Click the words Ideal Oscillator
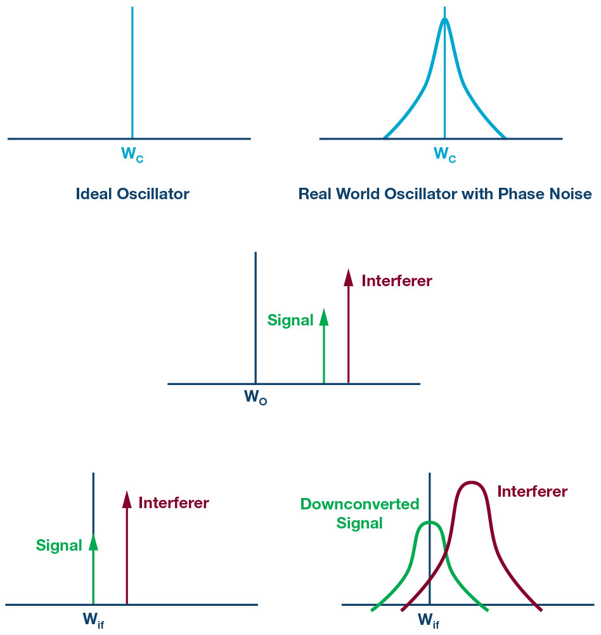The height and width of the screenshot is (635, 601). (x=132, y=194)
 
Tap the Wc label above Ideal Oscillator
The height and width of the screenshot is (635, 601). (x=132, y=154)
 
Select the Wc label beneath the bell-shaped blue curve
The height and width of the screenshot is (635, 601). (x=445, y=154)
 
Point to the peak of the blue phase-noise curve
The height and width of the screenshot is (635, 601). (x=445, y=18)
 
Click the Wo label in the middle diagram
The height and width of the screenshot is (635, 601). (x=255, y=397)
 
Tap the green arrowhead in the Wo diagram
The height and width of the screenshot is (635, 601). (x=324, y=317)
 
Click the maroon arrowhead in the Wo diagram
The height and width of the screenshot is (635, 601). (x=349, y=277)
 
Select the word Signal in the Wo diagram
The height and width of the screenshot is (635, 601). (x=290, y=320)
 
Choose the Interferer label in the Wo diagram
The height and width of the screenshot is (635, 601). (x=397, y=281)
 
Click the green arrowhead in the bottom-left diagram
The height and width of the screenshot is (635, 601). (x=93, y=542)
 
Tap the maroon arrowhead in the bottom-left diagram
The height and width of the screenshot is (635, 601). (x=127, y=499)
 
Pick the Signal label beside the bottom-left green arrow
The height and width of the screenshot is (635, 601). (x=59, y=546)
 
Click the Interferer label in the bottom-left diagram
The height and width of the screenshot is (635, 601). (x=174, y=503)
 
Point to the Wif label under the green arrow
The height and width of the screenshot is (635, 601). (x=93, y=620)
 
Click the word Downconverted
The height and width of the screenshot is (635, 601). (x=360, y=504)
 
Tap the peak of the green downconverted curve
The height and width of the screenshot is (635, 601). (x=430, y=523)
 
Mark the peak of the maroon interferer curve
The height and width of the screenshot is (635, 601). (x=472, y=482)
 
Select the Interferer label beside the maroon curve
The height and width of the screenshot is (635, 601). (x=532, y=492)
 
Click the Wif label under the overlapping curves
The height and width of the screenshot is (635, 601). (x=429, y=620)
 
